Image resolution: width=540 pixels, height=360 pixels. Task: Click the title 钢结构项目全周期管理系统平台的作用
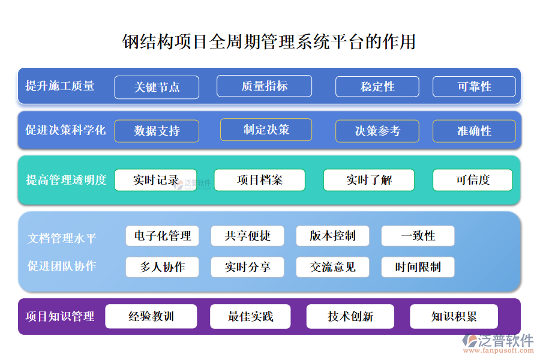(x=269, y=42)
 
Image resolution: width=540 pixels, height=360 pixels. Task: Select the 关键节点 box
(x=157, y=87)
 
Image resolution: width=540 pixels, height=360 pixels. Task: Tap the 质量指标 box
(x=264, y=86)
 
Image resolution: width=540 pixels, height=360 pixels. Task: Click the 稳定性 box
(x=377, y=87)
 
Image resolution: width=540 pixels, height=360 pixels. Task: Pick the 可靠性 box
(x=474, y=87)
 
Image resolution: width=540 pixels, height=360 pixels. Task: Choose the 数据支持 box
(x=157, y=131)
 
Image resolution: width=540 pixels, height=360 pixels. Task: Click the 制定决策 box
(x=266, y=130)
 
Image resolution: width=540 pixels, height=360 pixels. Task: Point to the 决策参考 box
(x=377, y=131)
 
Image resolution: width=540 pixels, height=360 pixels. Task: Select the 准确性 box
(x=474, y=131)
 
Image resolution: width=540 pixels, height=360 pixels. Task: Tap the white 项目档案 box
(x=259, y=180)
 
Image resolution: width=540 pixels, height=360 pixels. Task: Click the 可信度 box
(x=473, y=180)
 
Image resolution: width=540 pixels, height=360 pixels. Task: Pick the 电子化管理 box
(x=162, y=236)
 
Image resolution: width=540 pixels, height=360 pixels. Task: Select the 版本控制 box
(x=332, y=236)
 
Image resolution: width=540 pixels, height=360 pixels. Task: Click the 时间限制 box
(x=418, y=267)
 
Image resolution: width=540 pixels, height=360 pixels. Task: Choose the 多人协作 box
(x=162, y=267)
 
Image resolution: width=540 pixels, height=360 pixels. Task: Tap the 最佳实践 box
(x=250, y=316)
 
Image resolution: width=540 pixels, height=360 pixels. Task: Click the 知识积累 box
(x=454, y=316)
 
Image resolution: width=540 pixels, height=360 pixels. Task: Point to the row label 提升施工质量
(x=60, y=86)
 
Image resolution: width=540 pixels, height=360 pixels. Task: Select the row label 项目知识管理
(x=60, y=316)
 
